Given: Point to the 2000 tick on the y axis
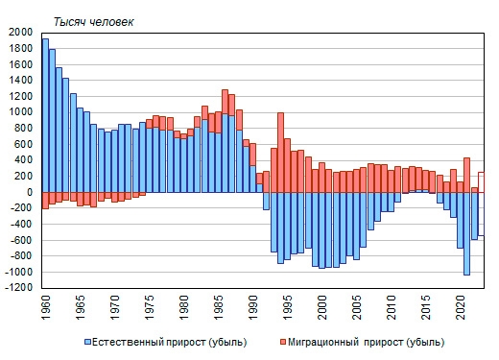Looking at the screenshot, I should tap(20, 32).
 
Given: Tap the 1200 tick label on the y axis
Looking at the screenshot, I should tap(20, 96).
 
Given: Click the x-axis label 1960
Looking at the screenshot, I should tap(45, 312).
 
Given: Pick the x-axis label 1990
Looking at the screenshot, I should tap(253, 312).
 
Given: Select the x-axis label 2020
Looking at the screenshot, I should tap(462, 312).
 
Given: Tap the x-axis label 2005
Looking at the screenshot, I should tap(358, 312).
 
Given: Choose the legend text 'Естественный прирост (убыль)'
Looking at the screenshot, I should tap(167, 341).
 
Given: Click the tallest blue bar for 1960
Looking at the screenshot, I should tap(45, 115).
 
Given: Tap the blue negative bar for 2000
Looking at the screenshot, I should tap(322, 229).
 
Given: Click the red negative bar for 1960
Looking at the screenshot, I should tap(45, 200).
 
